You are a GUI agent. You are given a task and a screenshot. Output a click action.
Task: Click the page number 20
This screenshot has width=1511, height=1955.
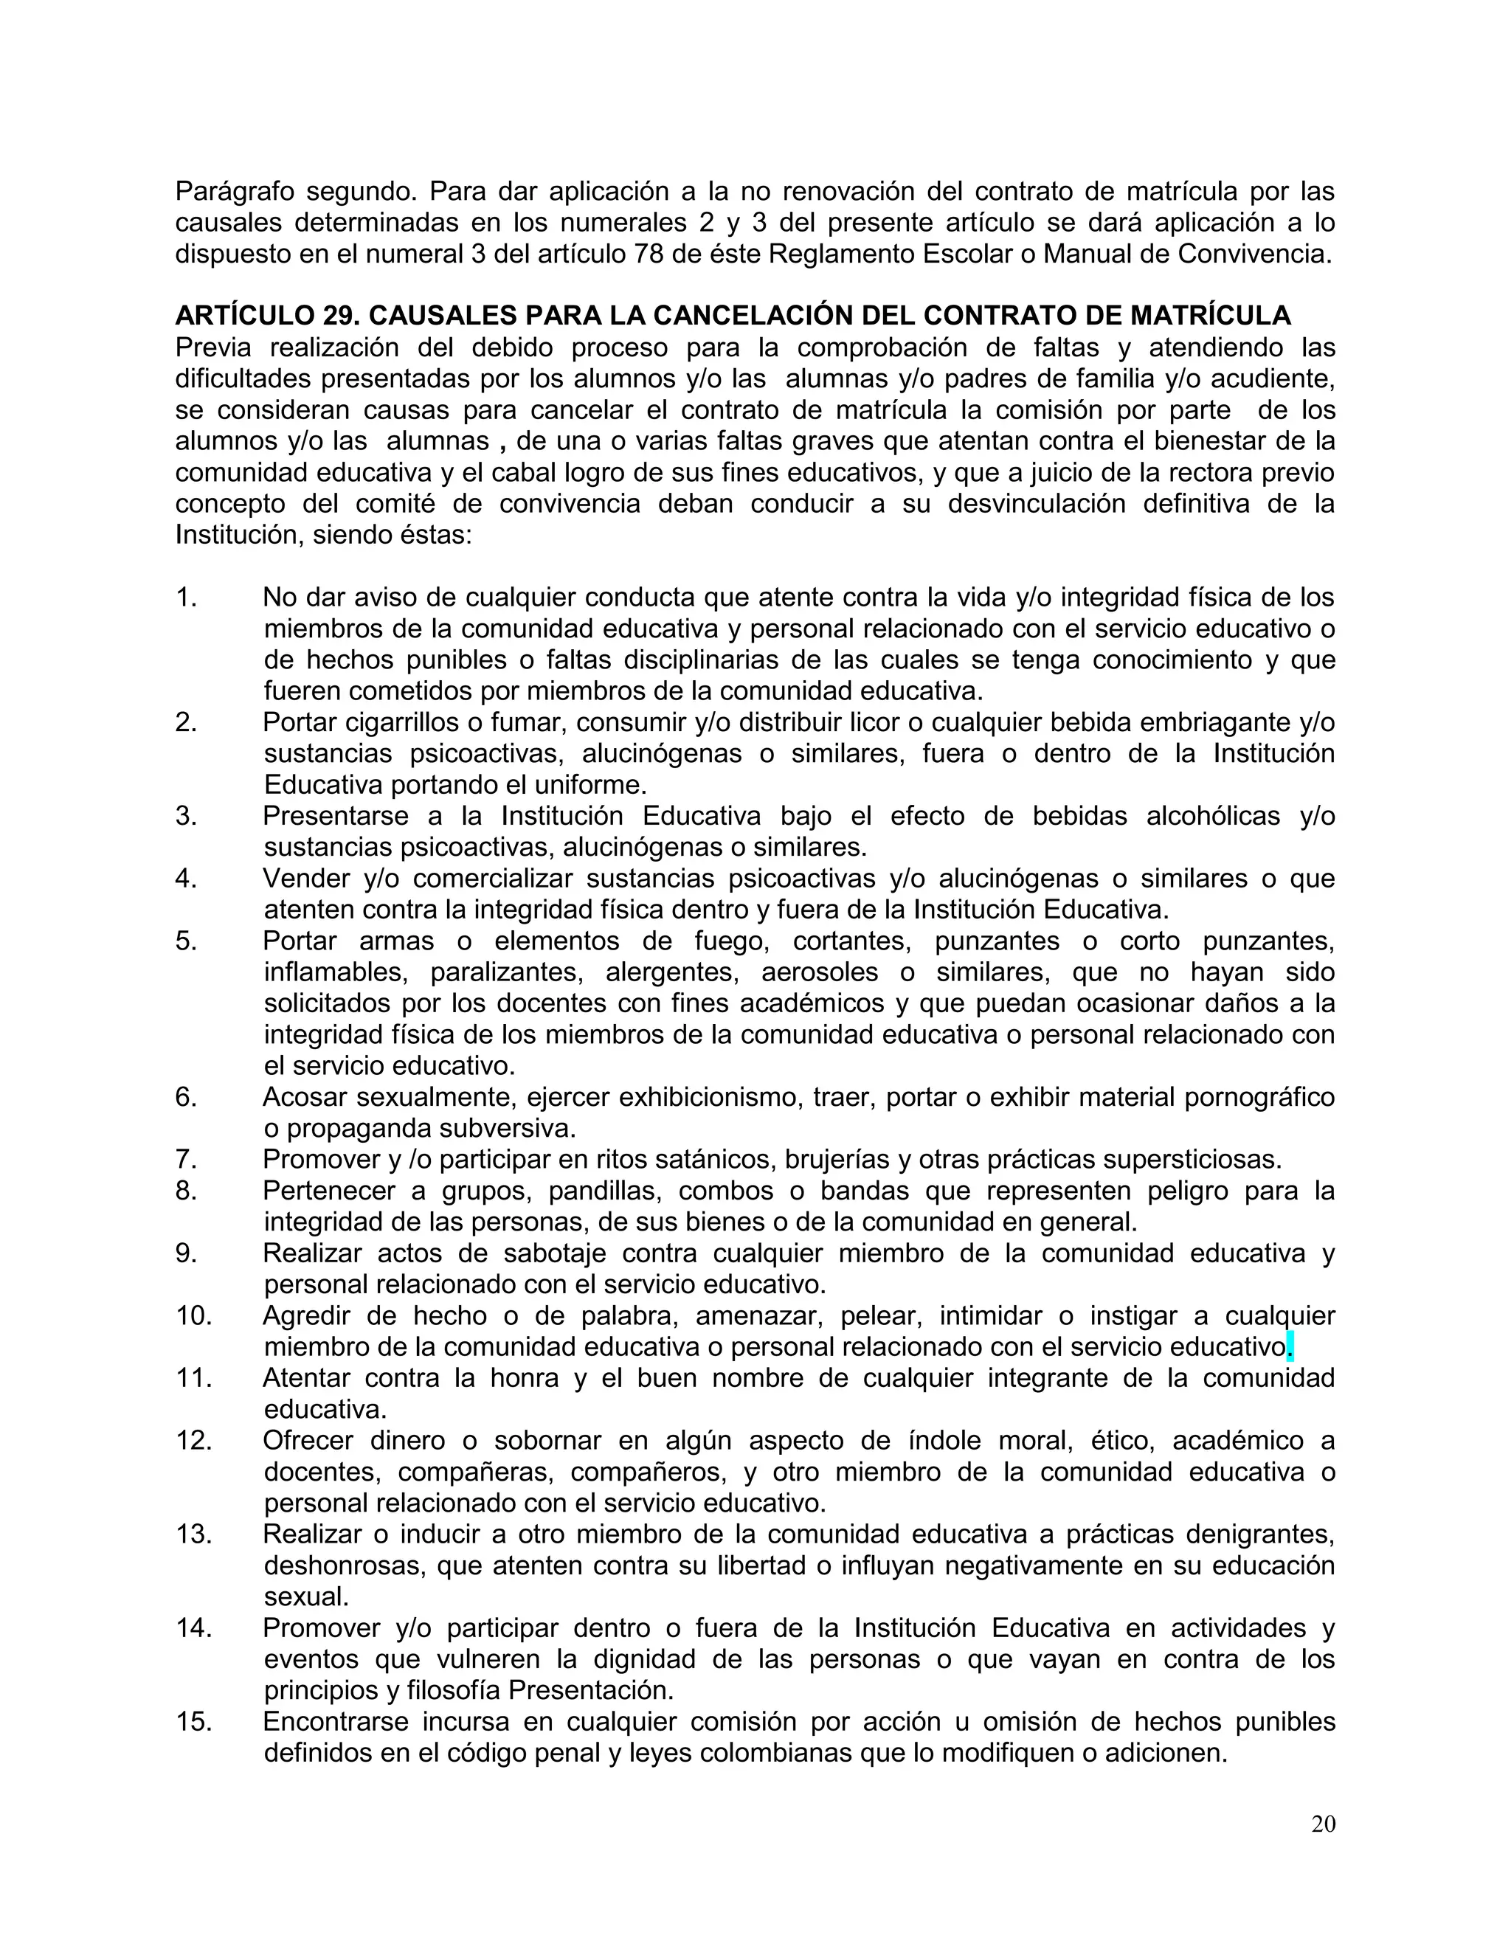coord(1322,1824)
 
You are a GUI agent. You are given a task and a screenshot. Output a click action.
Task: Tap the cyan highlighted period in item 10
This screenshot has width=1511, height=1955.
coord(1289,1346)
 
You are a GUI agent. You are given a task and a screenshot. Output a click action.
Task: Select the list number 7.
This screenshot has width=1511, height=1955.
coord(186,1159)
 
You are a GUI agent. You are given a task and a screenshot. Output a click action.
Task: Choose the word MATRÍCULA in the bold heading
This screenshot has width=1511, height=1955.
coord(1210,315)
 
